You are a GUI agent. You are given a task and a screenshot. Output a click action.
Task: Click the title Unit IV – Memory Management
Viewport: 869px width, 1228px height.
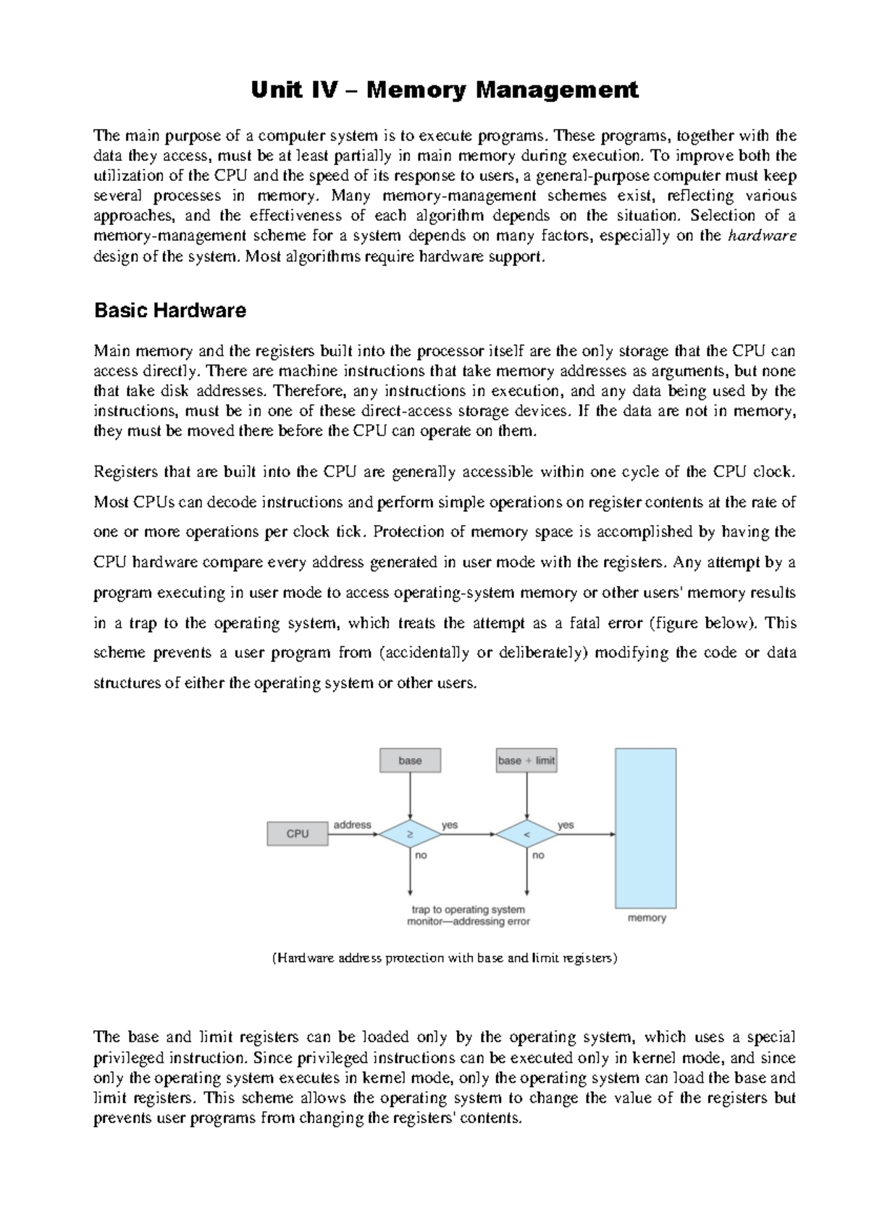click(445, 91)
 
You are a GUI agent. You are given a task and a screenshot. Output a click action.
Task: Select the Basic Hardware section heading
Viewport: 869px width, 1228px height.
click(170, 311)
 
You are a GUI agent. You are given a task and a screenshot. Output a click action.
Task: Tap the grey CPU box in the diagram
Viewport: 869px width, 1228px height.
click(298, 834)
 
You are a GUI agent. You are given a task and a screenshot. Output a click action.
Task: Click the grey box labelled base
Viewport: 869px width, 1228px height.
click(410, 760)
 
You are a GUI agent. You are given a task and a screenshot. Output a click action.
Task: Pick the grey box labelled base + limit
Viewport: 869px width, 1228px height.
click(526, 760)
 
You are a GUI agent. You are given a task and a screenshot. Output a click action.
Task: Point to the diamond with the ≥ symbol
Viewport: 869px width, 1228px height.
click(410, 834)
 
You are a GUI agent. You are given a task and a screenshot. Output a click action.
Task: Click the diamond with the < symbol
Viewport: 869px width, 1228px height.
click(526, 834)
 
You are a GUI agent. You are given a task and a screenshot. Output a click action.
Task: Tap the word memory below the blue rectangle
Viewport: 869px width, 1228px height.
click(647, 918)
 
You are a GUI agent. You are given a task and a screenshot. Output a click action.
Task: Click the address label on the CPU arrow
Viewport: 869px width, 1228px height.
click(352, 825)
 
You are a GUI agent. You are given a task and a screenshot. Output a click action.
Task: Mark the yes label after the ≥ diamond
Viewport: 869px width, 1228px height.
click(450, 825)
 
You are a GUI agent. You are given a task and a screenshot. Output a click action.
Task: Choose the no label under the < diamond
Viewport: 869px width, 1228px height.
click(538, 855)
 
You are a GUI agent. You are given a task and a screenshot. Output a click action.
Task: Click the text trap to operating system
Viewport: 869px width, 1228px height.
click(468, 909)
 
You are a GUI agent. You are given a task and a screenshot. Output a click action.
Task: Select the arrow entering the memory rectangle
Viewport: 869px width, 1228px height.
click(587, 834)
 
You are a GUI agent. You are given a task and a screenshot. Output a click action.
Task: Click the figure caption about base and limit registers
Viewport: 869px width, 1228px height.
click(445, 958)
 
